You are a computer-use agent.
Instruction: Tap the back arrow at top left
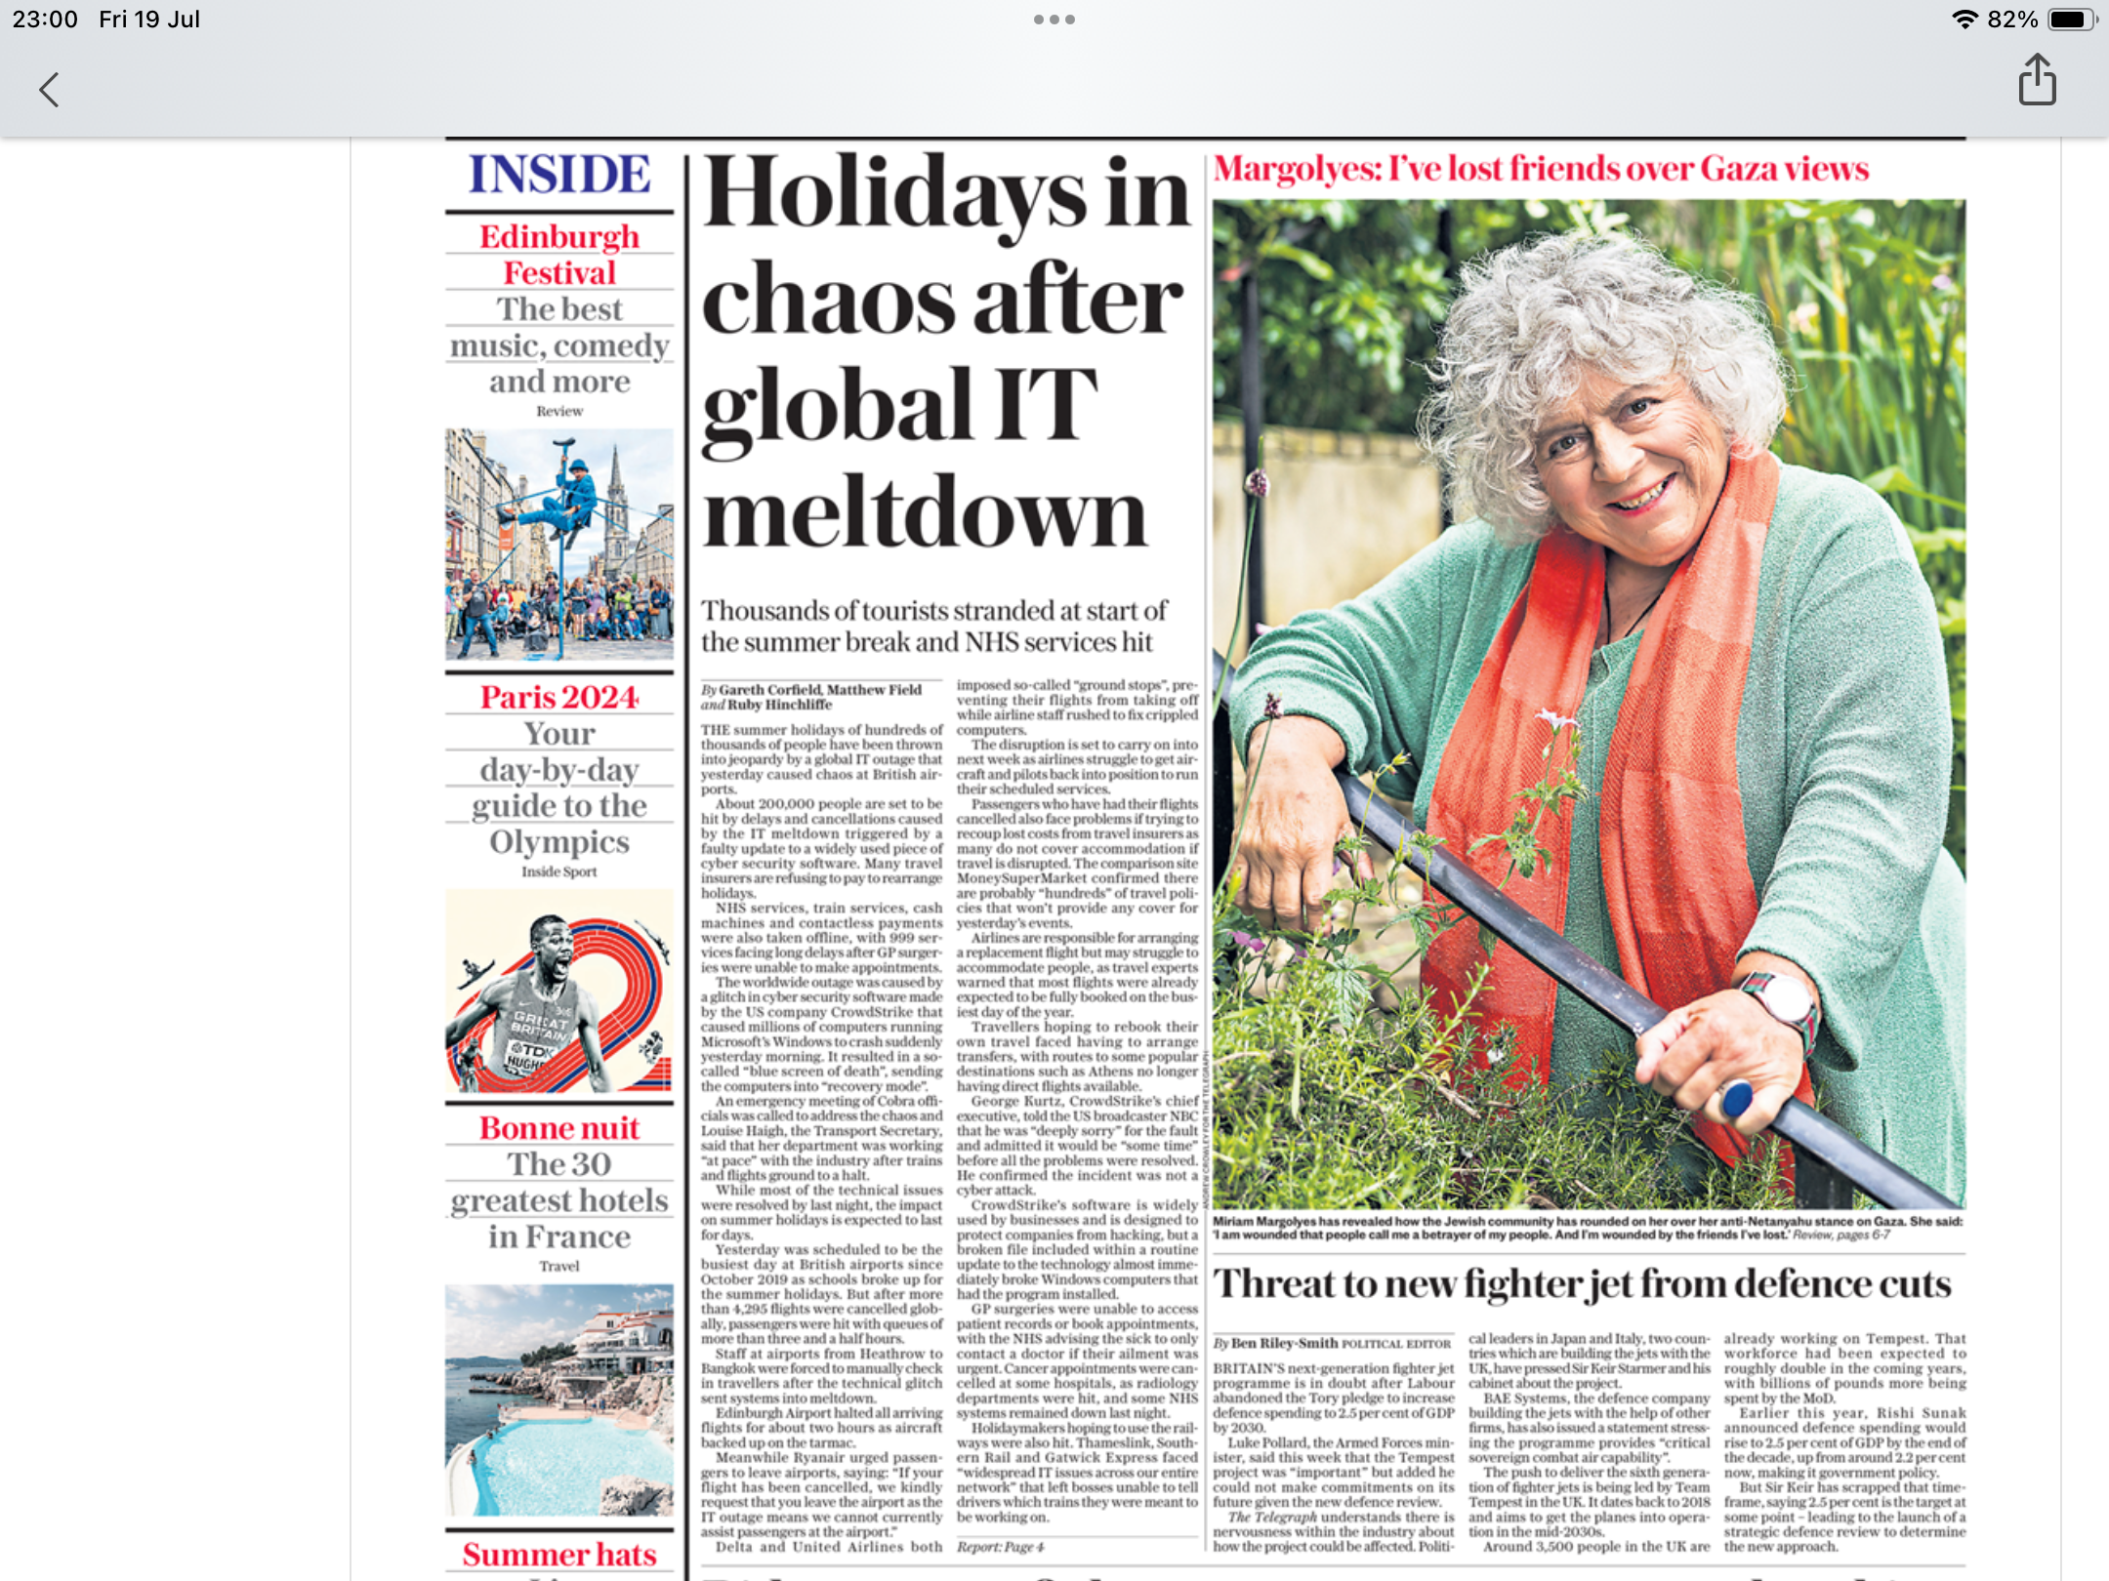pos(49,90)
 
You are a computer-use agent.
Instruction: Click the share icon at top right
pos(2037,80)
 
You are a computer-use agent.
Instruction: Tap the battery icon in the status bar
pos(2069,20)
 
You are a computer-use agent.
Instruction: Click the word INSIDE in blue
pos(559,175)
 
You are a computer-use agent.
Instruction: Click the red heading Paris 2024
pos(559,697)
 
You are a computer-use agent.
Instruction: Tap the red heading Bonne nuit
pos(559,1128)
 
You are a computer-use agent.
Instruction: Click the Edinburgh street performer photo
pos(559,544)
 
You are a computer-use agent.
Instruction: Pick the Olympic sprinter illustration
pos(559,991)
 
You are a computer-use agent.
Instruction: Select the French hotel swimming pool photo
pos(559,1399)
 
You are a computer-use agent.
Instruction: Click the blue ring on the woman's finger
pos(1736,1099)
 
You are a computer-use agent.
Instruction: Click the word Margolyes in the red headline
pos(1296,169)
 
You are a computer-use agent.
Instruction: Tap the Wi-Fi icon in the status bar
pos(1964,20)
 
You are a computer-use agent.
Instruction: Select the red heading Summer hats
pos(559,1554)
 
